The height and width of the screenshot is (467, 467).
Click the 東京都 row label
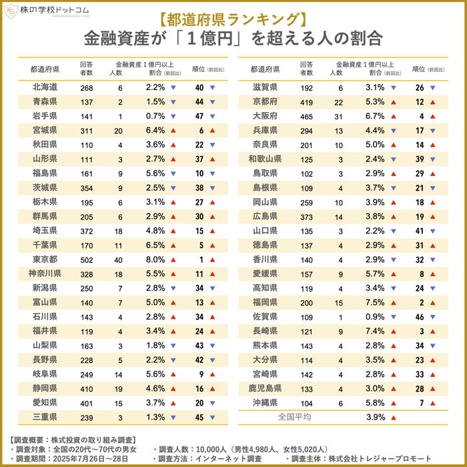44,260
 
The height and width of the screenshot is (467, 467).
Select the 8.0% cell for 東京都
155,260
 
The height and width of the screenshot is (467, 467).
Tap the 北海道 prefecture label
44,87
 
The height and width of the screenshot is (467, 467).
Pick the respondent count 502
86,260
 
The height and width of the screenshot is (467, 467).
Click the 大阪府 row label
265,116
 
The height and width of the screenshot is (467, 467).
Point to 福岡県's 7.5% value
376,302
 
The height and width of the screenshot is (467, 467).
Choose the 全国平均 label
294,417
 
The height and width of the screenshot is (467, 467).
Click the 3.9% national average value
376,417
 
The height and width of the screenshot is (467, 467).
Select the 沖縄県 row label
265,403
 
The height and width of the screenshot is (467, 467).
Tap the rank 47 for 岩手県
199,116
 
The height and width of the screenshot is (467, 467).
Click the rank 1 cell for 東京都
200,260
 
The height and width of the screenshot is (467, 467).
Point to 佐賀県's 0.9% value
376,317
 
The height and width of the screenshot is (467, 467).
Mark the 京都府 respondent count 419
306,101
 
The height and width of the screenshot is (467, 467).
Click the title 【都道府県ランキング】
233,15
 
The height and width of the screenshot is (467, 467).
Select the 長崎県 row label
265,331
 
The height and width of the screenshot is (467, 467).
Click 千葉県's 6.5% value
155,245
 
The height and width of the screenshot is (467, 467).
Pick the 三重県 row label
44,417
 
